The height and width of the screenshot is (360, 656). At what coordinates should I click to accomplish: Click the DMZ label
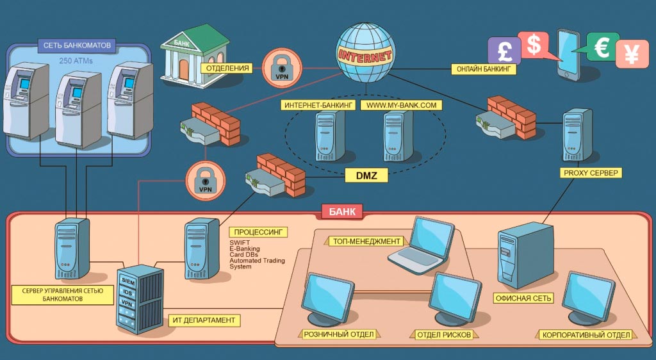click(366, 175)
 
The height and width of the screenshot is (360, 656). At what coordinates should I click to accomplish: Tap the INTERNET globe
click(365, 53)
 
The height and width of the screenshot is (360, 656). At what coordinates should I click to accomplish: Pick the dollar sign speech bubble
click(534, 44)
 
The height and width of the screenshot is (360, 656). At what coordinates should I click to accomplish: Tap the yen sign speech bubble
click(632, 54)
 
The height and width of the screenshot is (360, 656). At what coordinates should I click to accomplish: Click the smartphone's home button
click(567, 74)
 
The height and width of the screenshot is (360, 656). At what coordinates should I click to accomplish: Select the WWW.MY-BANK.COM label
click(401, 105)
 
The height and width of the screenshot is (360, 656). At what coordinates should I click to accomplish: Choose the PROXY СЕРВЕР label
click(590, 173)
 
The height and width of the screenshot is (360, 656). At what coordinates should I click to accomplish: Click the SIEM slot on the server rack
click(127, 281)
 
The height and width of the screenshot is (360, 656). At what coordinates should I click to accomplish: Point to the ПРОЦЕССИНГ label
click(258, 232)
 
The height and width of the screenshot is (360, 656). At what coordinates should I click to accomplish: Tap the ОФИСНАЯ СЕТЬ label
click(523, 299)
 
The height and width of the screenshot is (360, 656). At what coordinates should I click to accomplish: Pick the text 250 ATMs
click(76, 61)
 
